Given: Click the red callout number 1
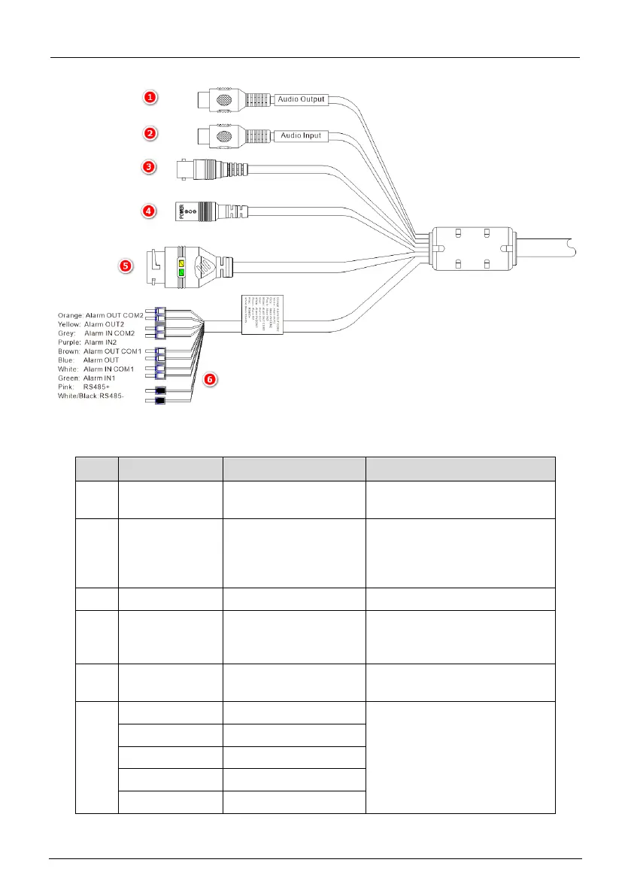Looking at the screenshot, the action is click(x=150, y=97).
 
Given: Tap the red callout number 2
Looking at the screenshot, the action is click(x=150, y=133).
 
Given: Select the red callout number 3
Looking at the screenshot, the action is click(x=150, y=167).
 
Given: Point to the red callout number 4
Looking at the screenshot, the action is click(x=150, y=211).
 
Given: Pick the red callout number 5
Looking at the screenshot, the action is click(x=126, y=265).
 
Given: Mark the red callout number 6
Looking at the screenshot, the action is click(x=213, y=380).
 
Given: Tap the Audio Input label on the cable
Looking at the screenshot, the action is click(x=301, y=136).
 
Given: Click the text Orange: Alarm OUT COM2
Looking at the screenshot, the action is click(x=100, y=314).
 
